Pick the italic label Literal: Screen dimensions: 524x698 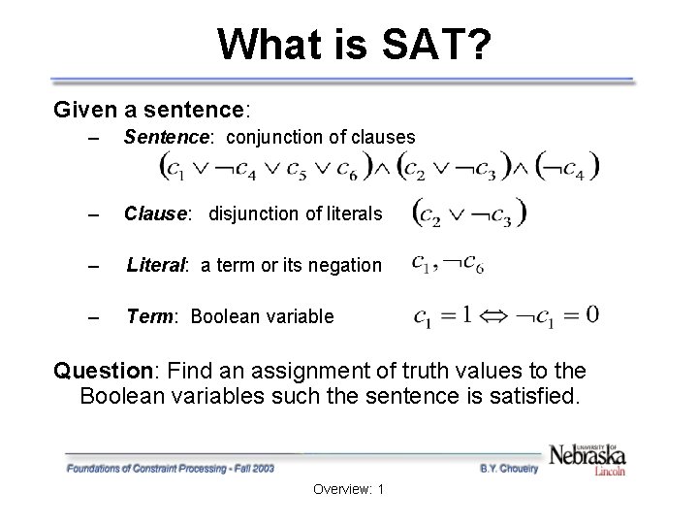pyautogui.click(x=161, y=265)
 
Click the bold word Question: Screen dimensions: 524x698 pyautogui.click(x=107, y=370)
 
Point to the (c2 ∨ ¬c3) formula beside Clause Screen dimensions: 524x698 pyautogui.click(x=470, y=212)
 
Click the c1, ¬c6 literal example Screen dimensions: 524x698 pyautogui.click(x=447, y=263)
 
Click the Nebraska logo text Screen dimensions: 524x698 pyautogui.click(x=587, y=454)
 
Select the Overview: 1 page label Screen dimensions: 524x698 pyautogui.click(x=349, y=489)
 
